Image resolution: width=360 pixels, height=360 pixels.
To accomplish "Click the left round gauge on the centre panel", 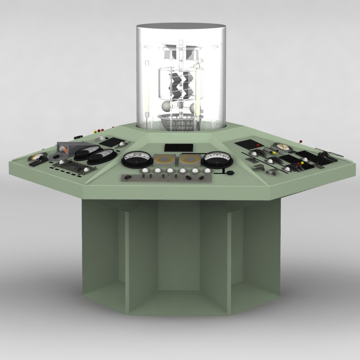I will pos(137,159).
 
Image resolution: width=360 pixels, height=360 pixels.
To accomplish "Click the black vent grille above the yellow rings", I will pos(179,147).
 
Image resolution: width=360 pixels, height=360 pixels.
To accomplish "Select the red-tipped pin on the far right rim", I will pos(301,141).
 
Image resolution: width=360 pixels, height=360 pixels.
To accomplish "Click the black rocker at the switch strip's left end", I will pos(127,178).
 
